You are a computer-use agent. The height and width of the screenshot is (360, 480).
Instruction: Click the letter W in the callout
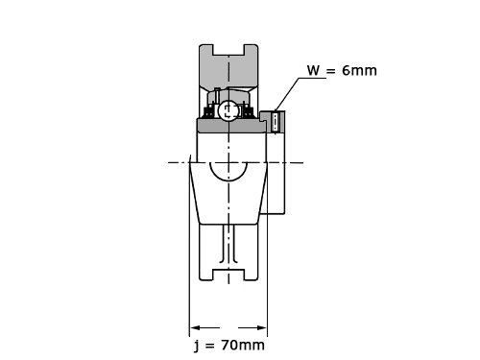click(313, 70)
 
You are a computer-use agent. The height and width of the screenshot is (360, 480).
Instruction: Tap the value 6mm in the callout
click(359, 70)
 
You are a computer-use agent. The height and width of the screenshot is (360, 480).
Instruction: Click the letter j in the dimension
click(197, 346)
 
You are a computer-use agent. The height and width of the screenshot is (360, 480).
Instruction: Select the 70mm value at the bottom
click(243, 345)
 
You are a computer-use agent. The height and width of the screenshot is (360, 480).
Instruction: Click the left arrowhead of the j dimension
click(195, 327)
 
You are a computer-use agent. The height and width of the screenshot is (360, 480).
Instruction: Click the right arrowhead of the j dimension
click(262, 327)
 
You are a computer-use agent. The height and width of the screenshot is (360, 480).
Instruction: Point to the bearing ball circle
click(228, 110)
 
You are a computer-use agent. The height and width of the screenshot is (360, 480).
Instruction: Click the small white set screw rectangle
click(275, 122)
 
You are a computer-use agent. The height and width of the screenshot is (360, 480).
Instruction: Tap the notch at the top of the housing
click(228, 50)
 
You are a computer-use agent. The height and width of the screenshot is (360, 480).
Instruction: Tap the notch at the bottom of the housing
click(228, 276)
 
